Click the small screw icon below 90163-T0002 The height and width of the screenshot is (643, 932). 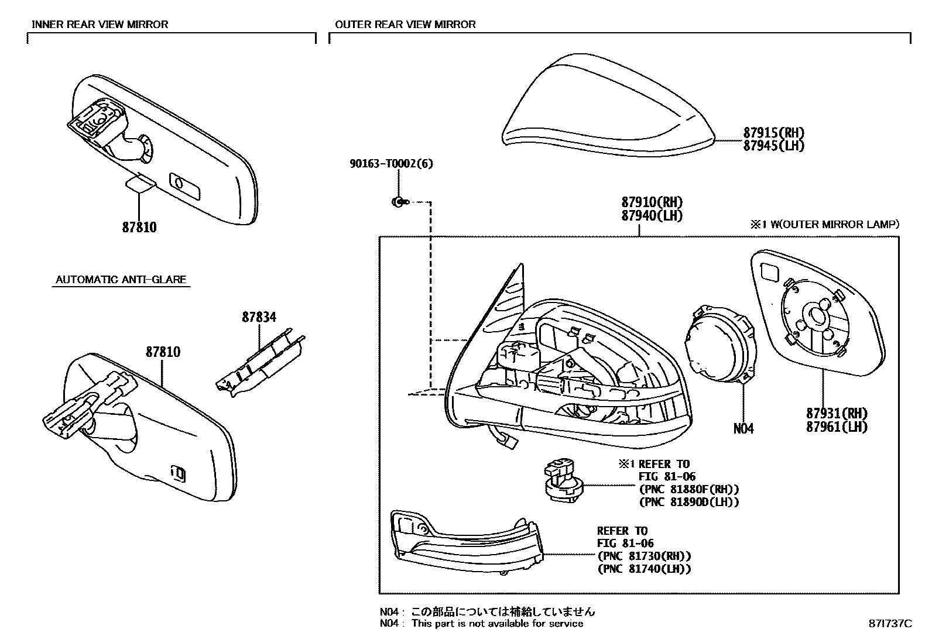[397, 202]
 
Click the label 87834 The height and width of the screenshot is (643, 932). [259, 318]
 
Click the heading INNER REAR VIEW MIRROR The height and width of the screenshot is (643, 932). [100, 25]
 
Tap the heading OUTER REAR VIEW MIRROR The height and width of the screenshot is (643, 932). [405, 25]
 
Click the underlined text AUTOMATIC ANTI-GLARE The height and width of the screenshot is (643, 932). [121, 280]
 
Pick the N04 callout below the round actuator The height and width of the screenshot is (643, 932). [743, 429]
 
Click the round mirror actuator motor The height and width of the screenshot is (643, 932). [720, 345]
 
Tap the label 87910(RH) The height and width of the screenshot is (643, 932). [652, 202]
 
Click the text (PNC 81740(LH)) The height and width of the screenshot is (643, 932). [644, 569]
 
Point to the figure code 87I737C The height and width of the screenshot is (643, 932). [890, 624]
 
